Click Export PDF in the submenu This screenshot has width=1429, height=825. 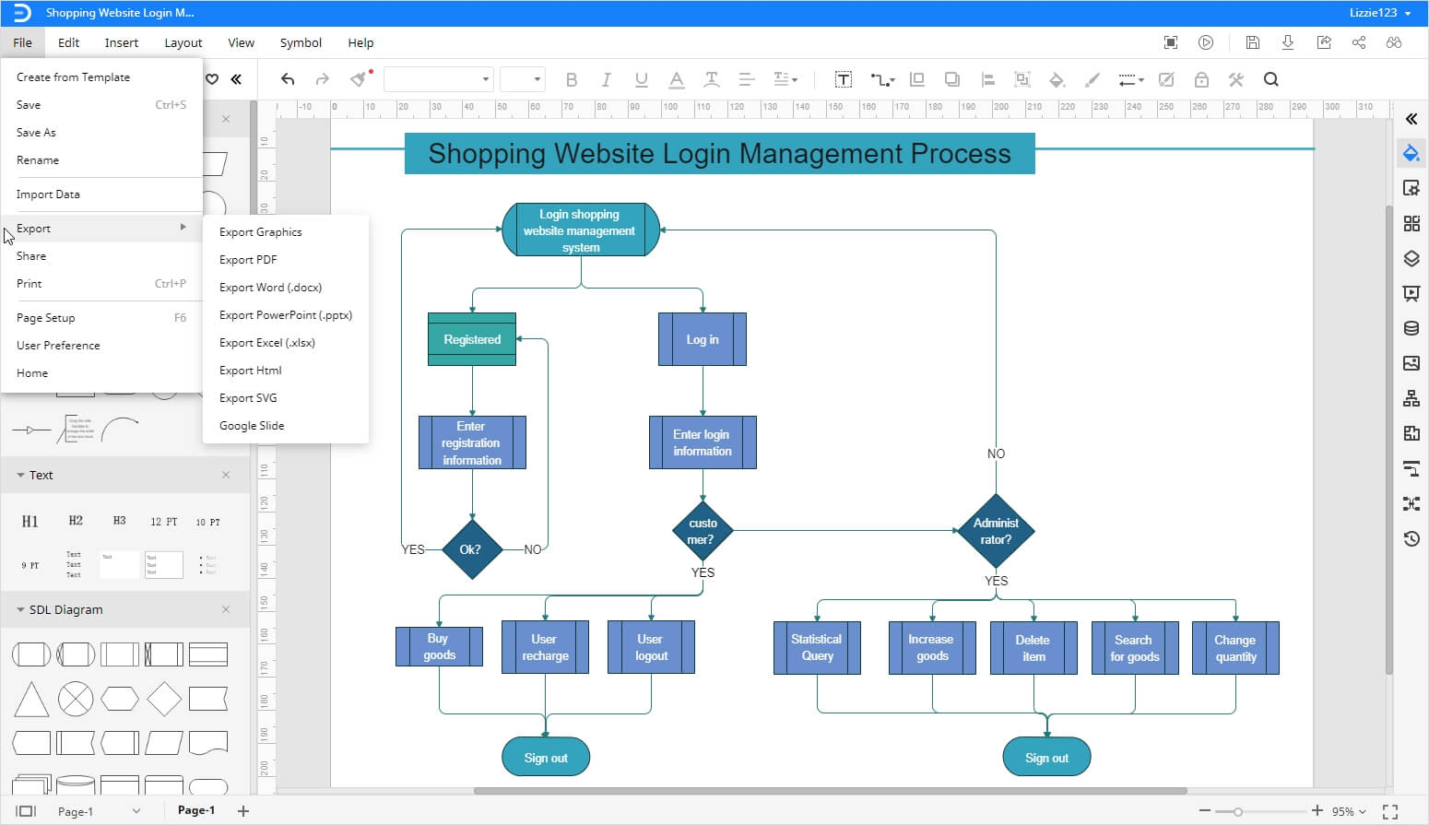click(x=248, y=260)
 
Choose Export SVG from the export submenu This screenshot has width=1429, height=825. click(x=248, y=398)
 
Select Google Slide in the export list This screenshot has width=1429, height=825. click(x=252, y=426)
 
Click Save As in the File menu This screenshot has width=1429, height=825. click(x=36, y=133)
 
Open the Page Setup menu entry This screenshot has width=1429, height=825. click(x=46, y=318)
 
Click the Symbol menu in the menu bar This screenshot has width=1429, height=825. click(x=301, y=42)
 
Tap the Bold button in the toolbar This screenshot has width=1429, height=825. click(x=572, y=80)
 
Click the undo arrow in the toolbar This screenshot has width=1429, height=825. click(x=288, y=80)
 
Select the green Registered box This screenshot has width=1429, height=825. click(x=472, y=339)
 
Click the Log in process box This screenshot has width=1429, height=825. click(x=702, y=339)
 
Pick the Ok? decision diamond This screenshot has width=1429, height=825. click(x=471, y=549)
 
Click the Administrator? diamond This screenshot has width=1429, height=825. click(x=996, y=531)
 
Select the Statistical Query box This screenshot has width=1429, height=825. click(x=817, y=647)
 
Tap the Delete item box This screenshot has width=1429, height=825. click(x=1033, y=647)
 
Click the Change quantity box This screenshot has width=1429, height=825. click(x=1234, y=647)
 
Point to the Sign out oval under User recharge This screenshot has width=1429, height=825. click(x=546, y=758)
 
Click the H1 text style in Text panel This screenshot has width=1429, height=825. click(x=30, y=522)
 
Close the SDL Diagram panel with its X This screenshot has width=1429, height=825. click(x=226, y=609)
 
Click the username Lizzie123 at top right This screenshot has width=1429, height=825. click(x=1373, y=13)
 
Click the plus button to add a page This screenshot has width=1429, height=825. click(x=243, y=811)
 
